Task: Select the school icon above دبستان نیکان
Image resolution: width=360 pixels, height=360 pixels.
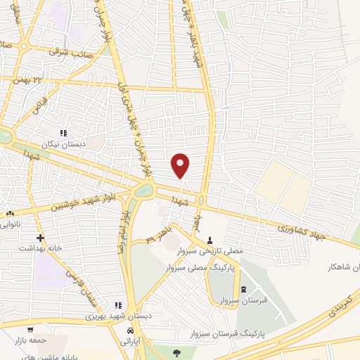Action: [x=63, y=132]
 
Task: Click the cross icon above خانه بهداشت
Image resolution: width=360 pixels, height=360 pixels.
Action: [x=40, y=238]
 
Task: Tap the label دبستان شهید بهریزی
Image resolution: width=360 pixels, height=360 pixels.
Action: [x=90, y=316]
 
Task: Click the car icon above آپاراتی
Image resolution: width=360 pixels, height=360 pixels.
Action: [x=130, y=330]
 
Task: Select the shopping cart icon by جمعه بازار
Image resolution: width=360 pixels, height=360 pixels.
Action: [x=30, y=330]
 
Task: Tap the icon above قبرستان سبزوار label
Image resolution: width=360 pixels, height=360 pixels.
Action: [x=244, y=290]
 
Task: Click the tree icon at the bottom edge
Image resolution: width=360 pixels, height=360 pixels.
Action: [x=177, y=352]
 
